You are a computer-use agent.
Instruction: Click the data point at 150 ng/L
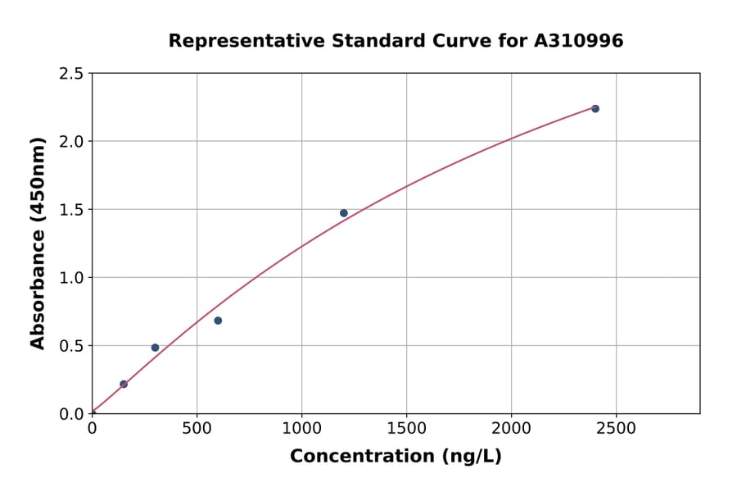pyautogui.click(x=124, y=384)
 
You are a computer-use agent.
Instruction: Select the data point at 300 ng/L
pyautogui.click(x=155, y=348)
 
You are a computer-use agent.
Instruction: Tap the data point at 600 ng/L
pyautogui.click(x=218, y=321)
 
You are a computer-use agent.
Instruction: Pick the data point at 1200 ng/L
pyautogui.click(x=344, y=213)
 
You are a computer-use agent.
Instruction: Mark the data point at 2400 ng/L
pyautogui.click(x=595, y=109)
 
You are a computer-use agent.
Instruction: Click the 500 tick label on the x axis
pyautogui.click(x=197, y=429)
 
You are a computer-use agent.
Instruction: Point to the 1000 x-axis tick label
pyautogui.click(x=301, y=429)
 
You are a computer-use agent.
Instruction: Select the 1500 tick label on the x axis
pyautogui.click(x=406, y=429)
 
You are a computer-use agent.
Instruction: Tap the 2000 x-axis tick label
pyautogui.click(x=511, y=429)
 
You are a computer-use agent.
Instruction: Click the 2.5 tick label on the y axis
pyautogui.click(x=72, y=74)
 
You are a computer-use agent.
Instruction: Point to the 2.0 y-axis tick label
pyautogui.click(x=72, y=142)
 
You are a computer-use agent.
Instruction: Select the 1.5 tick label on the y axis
pyautogui.click(x=72, y=210)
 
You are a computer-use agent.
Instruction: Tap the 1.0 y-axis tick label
pyautogui.click(x=72, y=278)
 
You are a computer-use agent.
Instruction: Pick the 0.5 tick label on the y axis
pyautogui.click(x=72, y=346)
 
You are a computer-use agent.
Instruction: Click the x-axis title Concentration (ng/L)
pyautogui.click(x=396, y=457)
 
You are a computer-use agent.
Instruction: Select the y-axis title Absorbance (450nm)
pyautogui.click(x=38, y=243)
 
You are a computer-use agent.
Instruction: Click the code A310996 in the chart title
pyautogui.click(x=580, y=40)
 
